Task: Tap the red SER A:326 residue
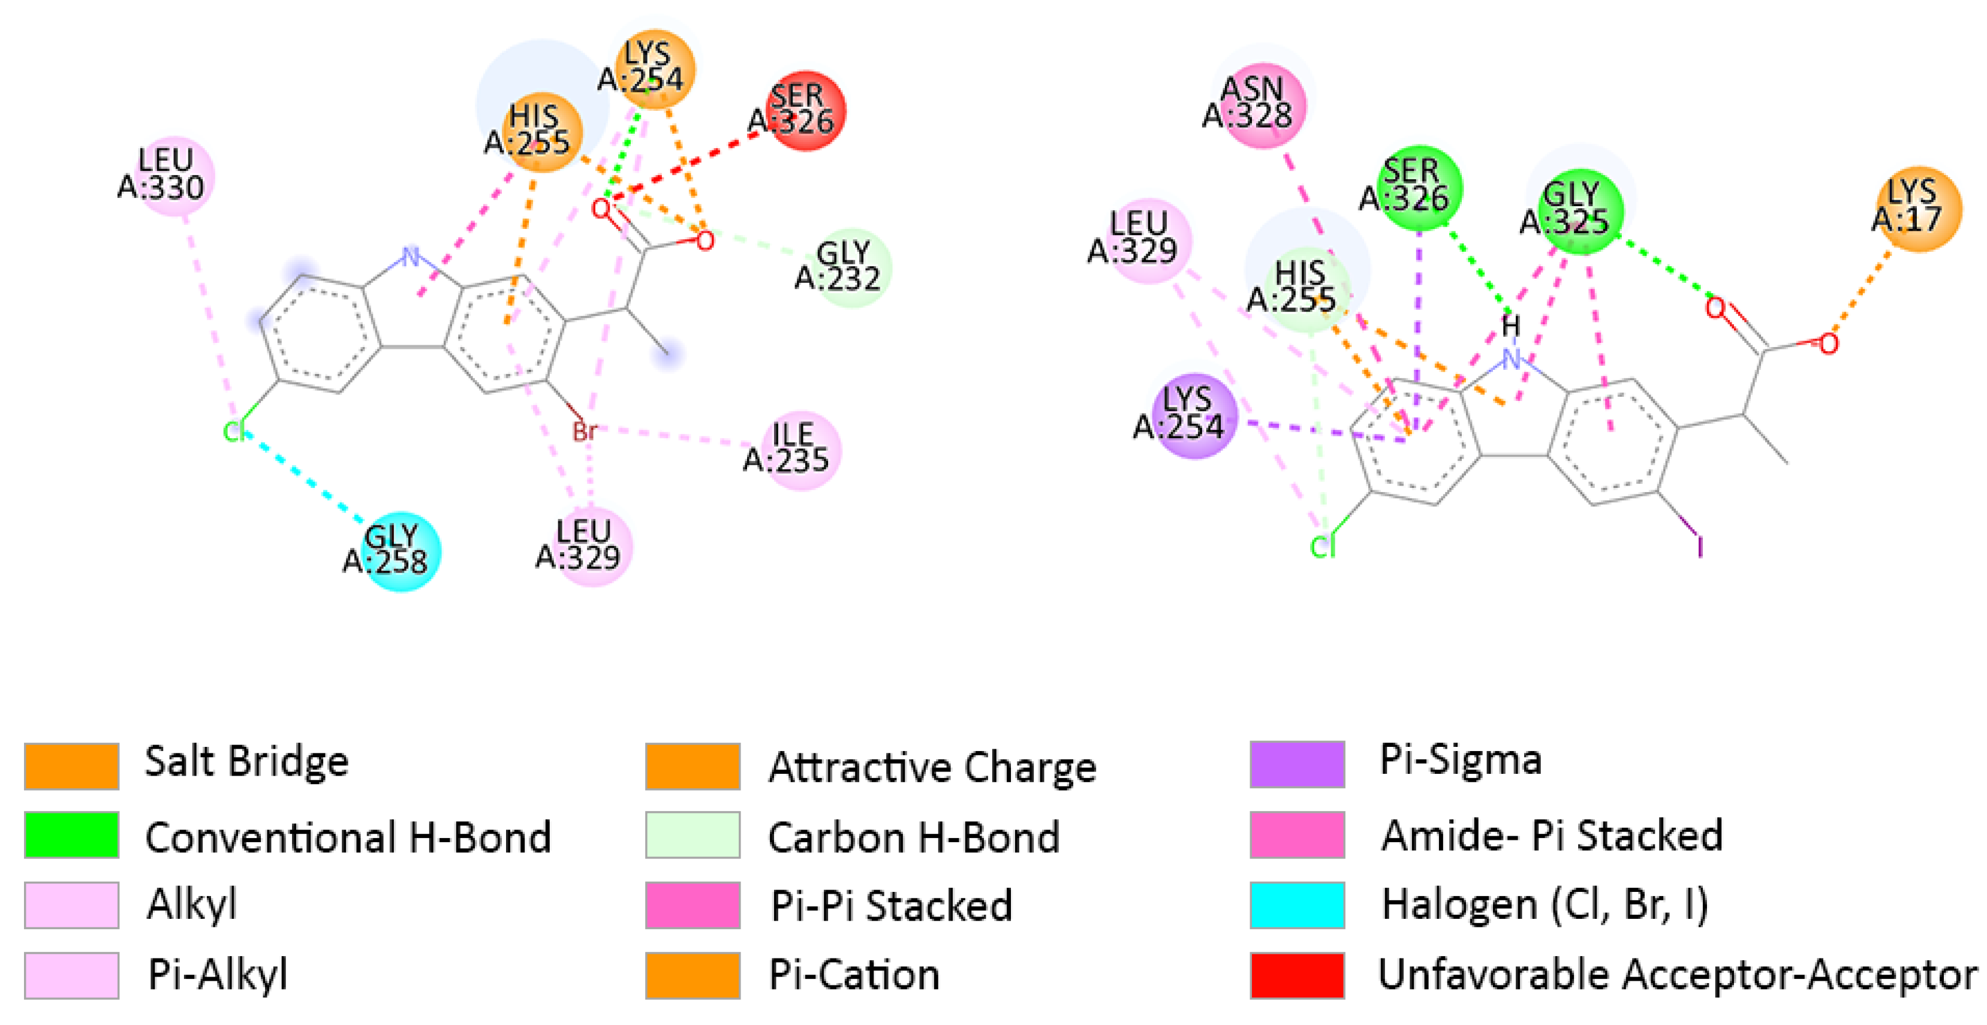tap(804, 110)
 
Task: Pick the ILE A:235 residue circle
tap(799, 449)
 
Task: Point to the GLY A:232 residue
tap(850, 267)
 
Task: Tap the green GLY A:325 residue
tap(1579, 209)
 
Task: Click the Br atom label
tap(585, 430)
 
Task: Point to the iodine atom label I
tap(1700, 547)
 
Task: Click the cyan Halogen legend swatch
tap(1297, 904)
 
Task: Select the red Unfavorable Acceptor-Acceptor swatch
tap(1297, 975)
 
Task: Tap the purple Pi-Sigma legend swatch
tap(1297, 764)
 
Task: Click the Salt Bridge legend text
tap(247, 762)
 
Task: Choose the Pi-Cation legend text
tap(854, 975)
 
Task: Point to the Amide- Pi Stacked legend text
tap(1551, 835)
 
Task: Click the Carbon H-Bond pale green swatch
tap(692, 834)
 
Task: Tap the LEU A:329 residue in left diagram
tap(590, 545)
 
